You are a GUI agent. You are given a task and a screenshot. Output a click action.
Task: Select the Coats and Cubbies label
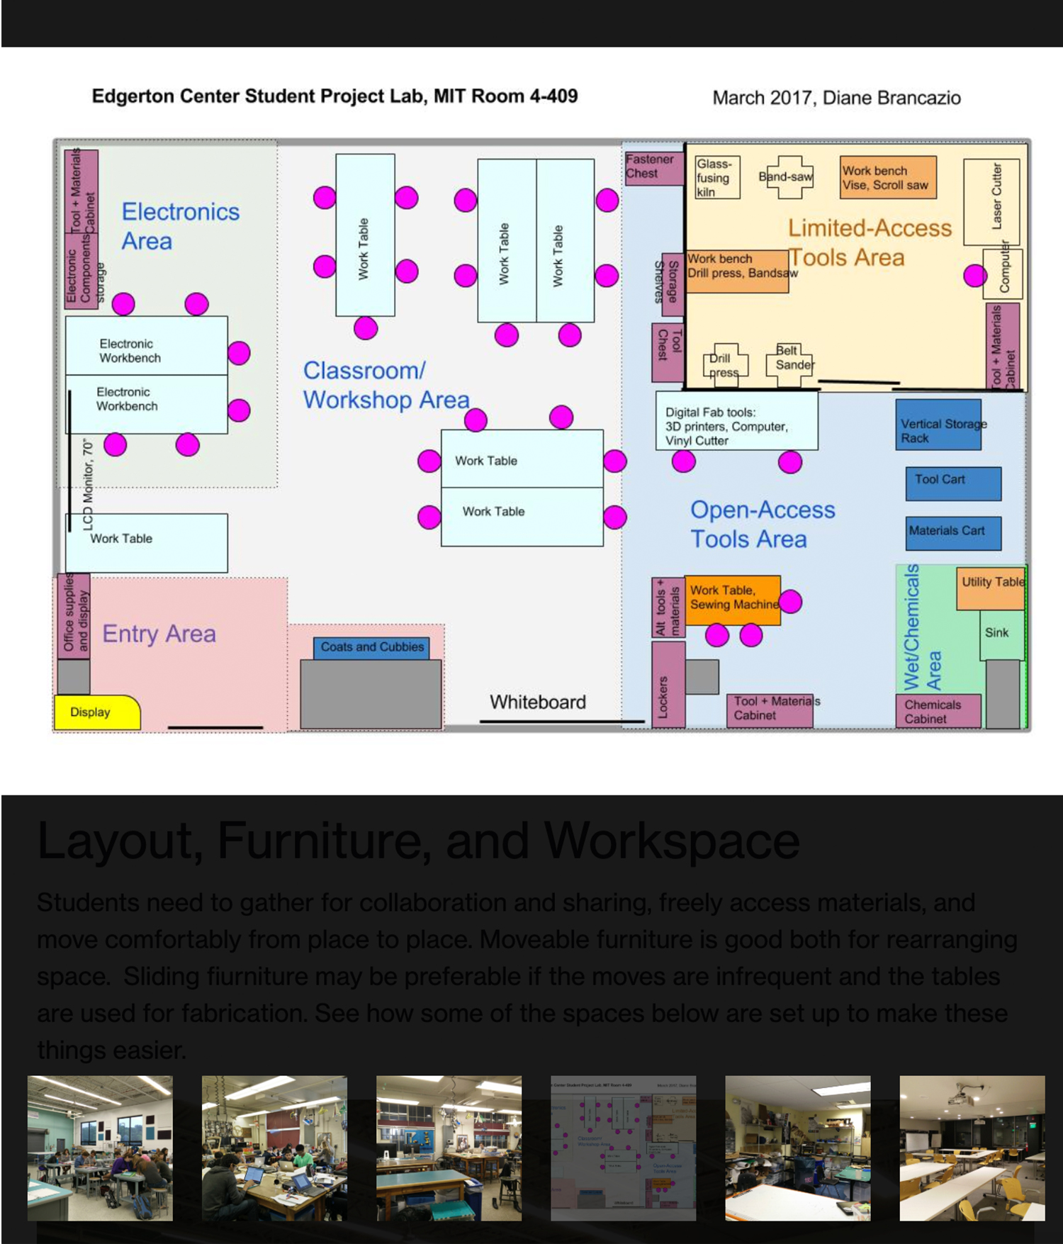(371, 647)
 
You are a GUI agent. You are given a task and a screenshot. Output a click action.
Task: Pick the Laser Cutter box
(991, 201)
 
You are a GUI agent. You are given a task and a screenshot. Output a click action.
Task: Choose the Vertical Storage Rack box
(938, 425)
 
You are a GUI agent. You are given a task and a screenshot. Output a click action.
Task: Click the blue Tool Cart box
(953, 483)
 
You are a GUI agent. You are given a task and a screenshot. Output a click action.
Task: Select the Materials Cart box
(953, 533)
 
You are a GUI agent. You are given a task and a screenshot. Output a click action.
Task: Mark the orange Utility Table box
(991, 588)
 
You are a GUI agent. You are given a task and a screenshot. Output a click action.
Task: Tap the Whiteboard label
(538, 702)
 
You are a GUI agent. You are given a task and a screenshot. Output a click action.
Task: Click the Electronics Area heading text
(180, 226)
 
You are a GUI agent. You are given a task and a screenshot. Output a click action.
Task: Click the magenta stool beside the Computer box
(975, 275)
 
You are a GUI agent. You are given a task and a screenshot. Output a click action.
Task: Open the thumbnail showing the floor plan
(623, 1148)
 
